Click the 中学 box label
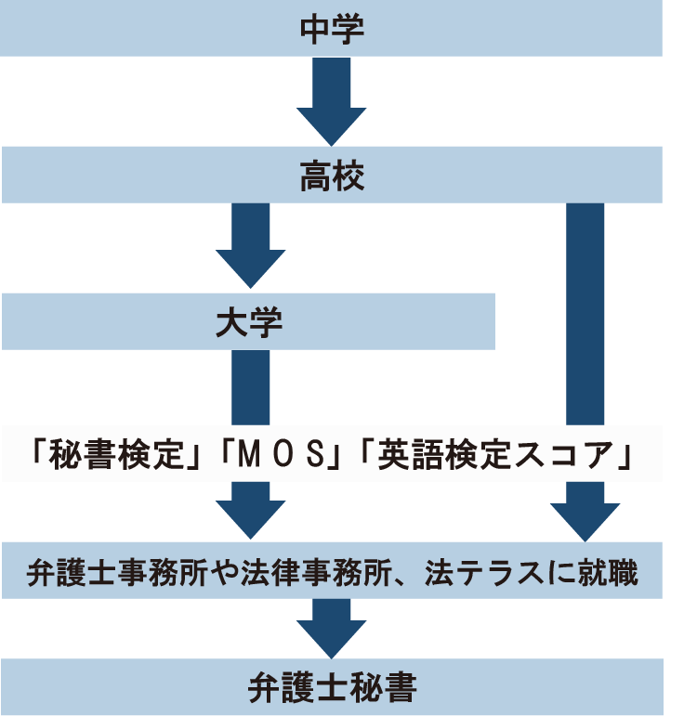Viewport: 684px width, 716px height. coord(332,29)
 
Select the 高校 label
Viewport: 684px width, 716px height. coord(332,175)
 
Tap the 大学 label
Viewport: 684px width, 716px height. coord(248,322)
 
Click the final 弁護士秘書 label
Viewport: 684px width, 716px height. coord(332,688)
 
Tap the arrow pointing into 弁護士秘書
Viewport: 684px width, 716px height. coord(332,628)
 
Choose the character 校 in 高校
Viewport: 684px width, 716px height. coord(349,175)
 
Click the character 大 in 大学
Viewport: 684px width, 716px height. coord(231,322)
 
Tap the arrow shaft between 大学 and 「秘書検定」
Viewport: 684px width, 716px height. coord(250,385)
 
